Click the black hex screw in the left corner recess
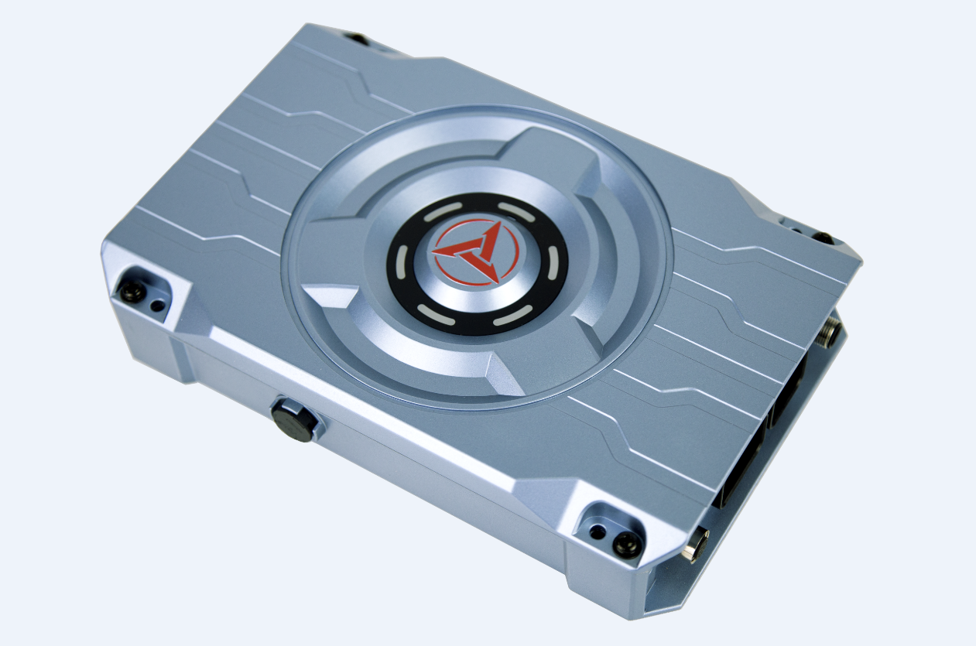coord(131,292)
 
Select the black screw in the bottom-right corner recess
coord(625,544)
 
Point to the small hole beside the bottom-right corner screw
coord(596,532)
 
